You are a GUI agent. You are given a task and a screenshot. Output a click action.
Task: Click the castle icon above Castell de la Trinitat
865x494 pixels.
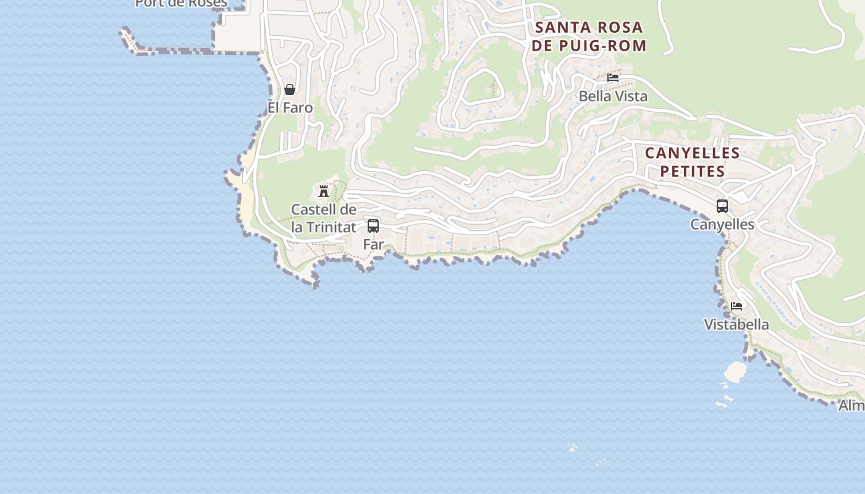pos(323,191)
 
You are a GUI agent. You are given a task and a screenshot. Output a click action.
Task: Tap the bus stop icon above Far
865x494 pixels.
pos(373,226)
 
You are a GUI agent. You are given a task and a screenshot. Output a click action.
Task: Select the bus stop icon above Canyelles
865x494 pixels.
pos(722,206)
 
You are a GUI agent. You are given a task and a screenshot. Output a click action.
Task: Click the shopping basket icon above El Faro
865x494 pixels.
pos(289,90)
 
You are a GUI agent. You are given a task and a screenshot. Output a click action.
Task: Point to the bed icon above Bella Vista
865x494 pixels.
pos(613,78)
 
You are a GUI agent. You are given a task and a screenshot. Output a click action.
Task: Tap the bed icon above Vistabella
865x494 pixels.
pos(736,306)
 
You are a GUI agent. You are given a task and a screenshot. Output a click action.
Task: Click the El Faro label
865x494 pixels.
pos(290,108)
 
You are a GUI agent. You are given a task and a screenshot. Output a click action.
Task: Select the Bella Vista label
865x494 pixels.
pos(613,96)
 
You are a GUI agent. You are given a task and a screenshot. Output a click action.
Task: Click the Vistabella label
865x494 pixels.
pos(736,325)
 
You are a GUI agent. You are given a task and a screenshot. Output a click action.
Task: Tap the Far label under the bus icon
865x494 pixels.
pos(373,245)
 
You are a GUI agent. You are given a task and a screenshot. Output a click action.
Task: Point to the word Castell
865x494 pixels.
pos(315,210)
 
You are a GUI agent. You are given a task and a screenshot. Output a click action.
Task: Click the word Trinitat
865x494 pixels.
pos(332,227)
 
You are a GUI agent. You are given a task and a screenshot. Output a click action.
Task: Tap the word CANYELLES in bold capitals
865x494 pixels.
pos(692,153)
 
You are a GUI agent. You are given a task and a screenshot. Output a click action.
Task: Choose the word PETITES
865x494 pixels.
pos(692,171)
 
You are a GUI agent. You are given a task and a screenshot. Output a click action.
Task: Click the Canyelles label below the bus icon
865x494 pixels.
pos(722,225)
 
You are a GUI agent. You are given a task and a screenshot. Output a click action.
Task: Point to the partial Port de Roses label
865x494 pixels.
pos(181,4)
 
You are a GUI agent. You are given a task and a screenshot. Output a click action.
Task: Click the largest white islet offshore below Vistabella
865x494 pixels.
pos(735,371)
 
